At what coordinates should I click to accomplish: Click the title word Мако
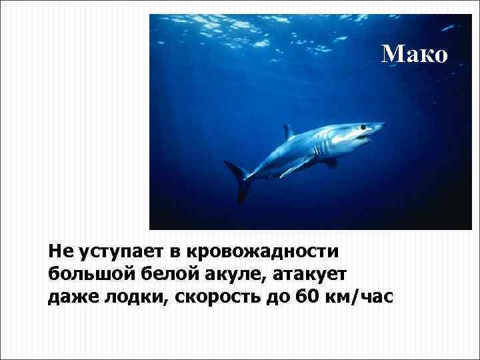pyautogui.click(x=414, y=53)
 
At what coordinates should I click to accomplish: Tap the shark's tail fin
pyautogui.click(x=241, y=181)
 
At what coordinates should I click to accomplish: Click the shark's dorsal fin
pyautogui.click(x=288, y=131)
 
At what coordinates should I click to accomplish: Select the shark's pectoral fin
pyautogui.click(x=297, y=165)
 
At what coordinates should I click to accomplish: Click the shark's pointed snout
pyautogui.click(x=381, y=125)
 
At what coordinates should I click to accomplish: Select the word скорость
pyautogui.click(x=221, y=295)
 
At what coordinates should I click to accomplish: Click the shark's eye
pyautogui.click(x=359, y=127)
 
